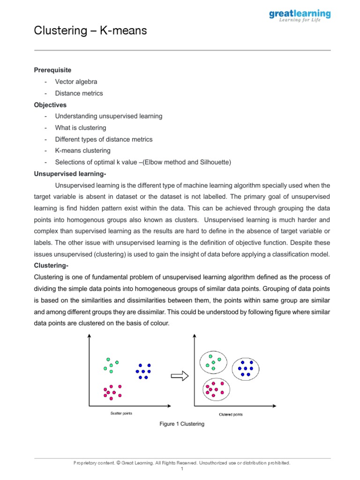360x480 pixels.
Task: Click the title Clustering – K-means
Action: tap(90, 31)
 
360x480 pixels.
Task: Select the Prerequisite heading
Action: tap(52, 70)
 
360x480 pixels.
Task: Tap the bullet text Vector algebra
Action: tap(76, 82)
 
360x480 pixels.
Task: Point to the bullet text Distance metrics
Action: tap(79, 93)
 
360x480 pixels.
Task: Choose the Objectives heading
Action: tap(50, 105)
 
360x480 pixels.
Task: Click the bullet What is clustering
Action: tap(80, 128)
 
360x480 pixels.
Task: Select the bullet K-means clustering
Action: tap(82, 151)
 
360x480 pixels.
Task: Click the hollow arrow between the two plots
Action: tap(180, 375)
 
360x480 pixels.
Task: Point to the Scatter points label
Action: tap(121, 413)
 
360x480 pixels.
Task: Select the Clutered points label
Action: tap(231, 414)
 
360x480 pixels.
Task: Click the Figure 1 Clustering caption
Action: tap(182, 424)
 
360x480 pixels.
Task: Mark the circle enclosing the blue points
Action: tap(245, 369)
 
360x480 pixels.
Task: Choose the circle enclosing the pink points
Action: tap(216, 389)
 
